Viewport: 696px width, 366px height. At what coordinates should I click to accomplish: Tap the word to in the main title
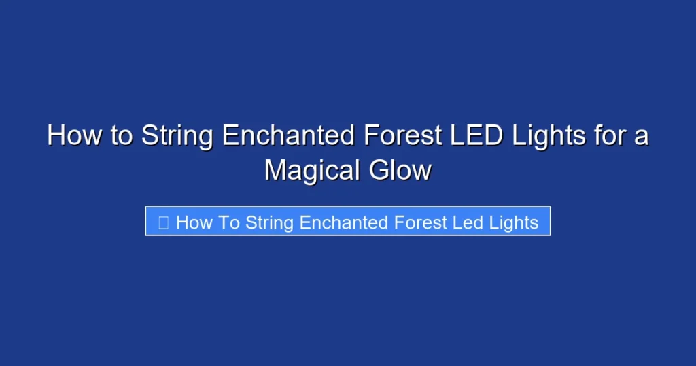(121, 136)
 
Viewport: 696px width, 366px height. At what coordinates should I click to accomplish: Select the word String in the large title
(178, 136)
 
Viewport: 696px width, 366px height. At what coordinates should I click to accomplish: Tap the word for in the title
(608, 136)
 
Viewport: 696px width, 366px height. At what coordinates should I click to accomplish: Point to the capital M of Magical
(274, 170)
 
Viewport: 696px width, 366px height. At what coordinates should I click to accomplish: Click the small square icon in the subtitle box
(163, 222)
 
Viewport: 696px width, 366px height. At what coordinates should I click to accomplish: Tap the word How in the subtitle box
(194, 222)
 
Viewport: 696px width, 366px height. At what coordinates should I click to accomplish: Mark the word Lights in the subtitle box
(516, 222)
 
